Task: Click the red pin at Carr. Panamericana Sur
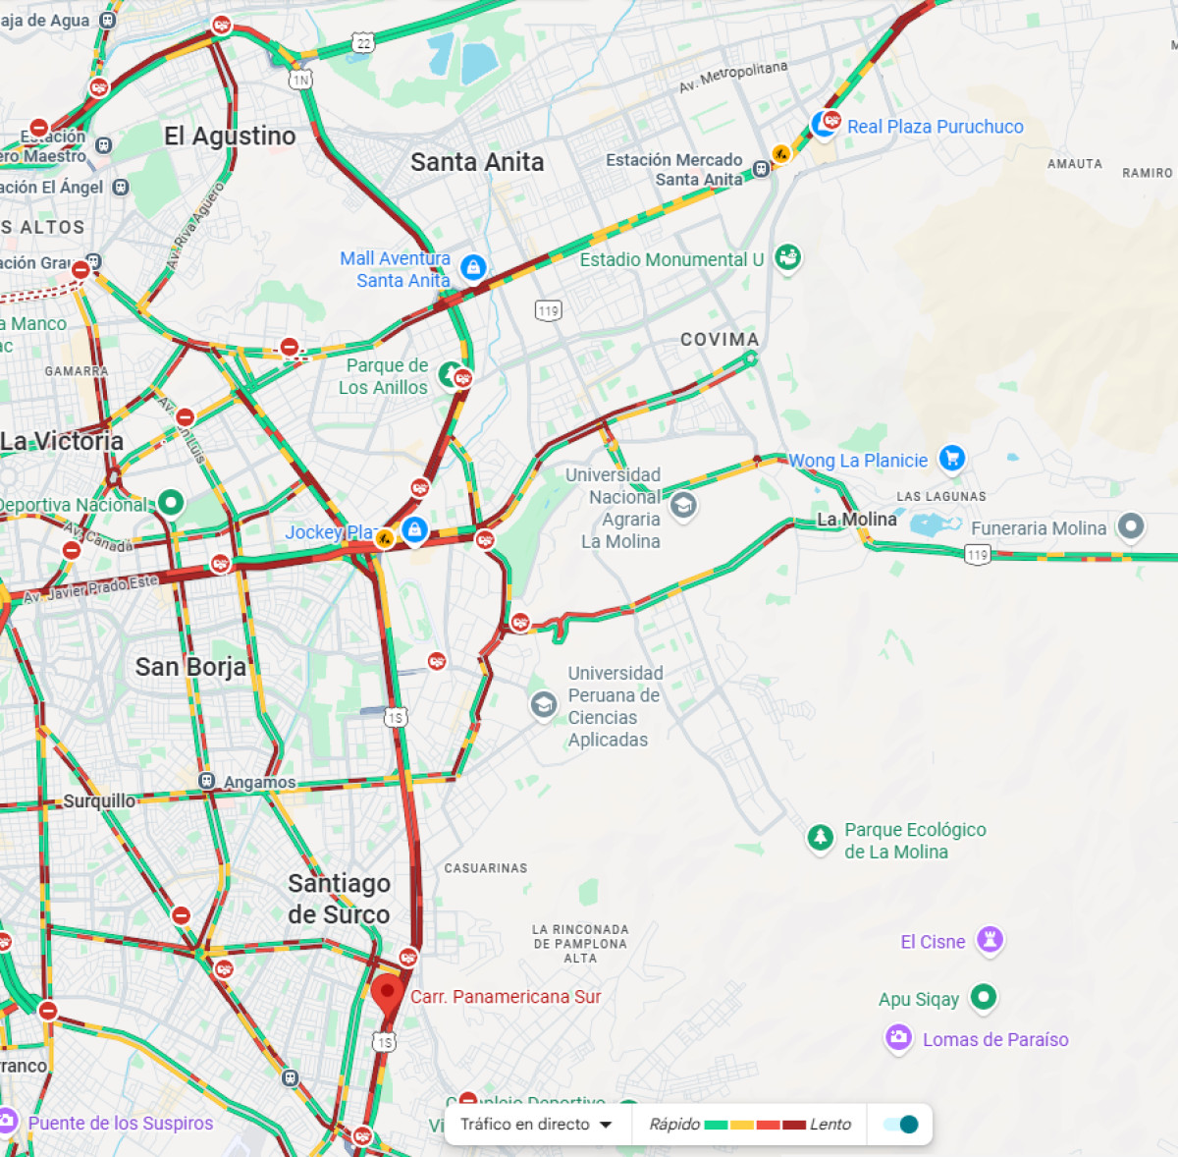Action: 387,993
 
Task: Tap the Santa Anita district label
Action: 477,162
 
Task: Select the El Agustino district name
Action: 230,136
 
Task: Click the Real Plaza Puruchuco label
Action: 935,127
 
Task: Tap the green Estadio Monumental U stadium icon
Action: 787,258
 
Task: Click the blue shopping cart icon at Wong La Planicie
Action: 951,458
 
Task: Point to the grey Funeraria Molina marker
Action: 1131,527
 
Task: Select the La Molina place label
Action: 857,519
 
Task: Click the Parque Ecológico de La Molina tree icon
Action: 820,838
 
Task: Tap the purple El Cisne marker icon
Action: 990,939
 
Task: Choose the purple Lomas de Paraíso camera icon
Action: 898,1037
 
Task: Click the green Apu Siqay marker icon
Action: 983,997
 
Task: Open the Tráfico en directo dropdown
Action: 536,1125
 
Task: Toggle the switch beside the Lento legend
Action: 900,1125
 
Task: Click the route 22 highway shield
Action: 364,43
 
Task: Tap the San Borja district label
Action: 190,667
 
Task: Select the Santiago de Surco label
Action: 339,899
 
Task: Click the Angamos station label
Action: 259,782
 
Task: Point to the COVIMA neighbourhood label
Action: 720,339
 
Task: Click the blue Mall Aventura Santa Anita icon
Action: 473,267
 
